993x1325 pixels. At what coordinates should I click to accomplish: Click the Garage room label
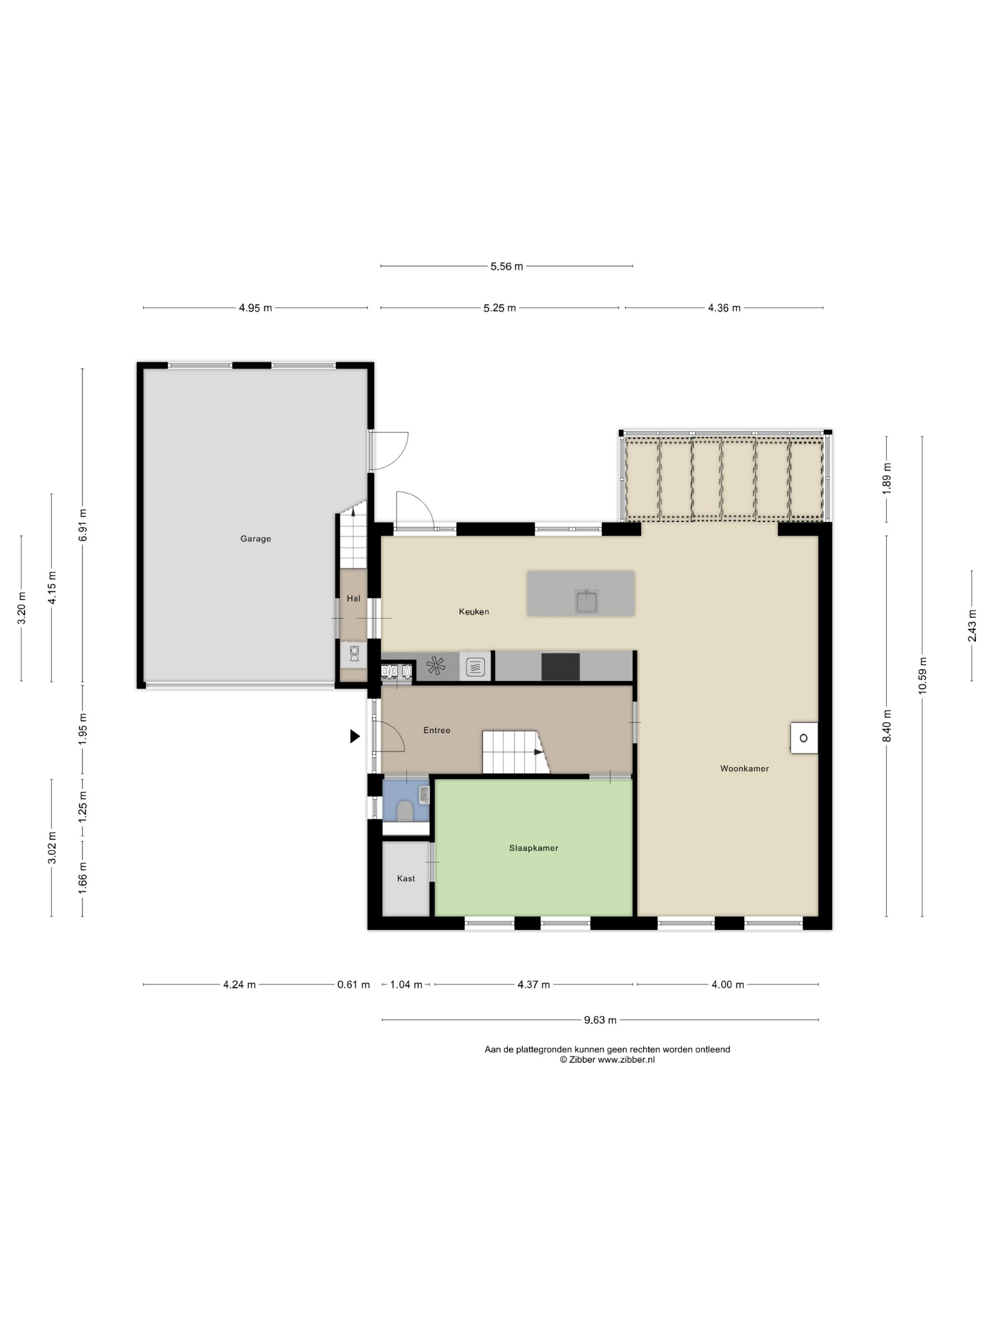coord(256,539)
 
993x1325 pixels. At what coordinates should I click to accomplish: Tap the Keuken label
coord(474,611)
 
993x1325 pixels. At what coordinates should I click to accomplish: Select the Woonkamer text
coord(745,768)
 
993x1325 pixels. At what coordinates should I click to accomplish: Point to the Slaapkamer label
coord(534,848)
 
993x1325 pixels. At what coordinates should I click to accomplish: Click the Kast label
coord(406,879)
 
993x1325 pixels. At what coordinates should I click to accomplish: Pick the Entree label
coord(437,730)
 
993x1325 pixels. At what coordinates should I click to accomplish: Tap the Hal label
coord(354,599)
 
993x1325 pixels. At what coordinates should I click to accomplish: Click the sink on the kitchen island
coord(587,601)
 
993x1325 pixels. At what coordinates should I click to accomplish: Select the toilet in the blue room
coord(405,812)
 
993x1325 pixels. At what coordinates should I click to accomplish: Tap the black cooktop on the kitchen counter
coord(561,667)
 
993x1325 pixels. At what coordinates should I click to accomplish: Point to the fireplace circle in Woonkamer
coord(804,738)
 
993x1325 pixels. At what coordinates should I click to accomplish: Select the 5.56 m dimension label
coord(507,266)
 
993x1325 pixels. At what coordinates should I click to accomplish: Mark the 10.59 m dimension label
coord(923,676)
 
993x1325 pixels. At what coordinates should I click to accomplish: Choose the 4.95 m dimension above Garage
coord(256,308)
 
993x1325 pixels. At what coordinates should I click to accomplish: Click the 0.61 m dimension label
coord(354,985)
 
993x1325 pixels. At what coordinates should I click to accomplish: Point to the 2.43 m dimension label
coord(972,626)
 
